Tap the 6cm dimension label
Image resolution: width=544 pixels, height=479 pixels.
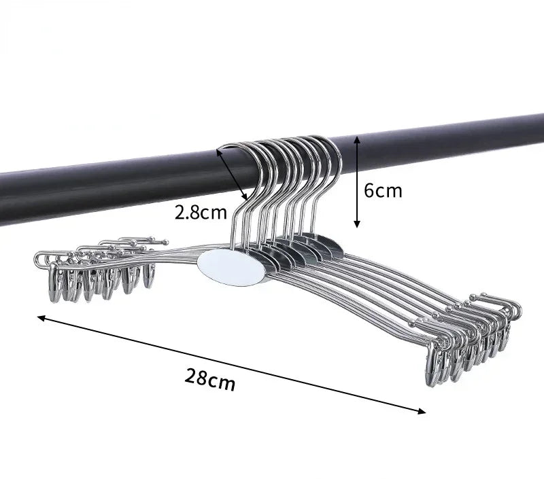pyautogui.click(x=383, y=191)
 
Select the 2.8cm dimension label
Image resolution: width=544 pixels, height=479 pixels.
pyautogui.click(x=201, y=212)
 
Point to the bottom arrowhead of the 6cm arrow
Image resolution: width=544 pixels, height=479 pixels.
pyautogui.click(x=356, y=224)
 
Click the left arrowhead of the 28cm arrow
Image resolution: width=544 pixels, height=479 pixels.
pyautogui.click(x=41, y=317)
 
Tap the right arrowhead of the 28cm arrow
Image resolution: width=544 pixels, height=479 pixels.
pyautogui.click(x=422, y=412)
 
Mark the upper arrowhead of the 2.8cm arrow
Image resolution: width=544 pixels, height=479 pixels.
pyautogui.click(x=219, y=152)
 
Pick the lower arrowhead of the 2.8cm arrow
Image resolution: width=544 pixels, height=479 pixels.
pyautogui.click(x=245, y=197)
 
